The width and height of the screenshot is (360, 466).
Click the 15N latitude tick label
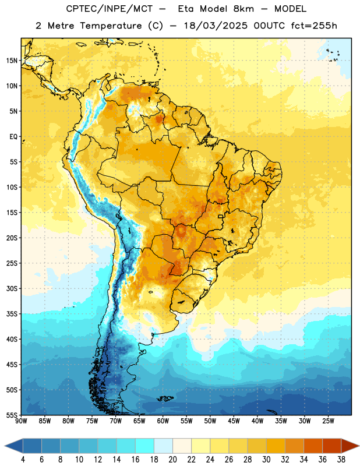[12, 61]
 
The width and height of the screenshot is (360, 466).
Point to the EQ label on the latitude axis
[13, 137]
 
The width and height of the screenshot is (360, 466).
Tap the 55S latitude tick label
[12, 415]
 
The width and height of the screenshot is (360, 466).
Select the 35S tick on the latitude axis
[12, 314]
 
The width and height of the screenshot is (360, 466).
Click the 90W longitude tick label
[21, 421]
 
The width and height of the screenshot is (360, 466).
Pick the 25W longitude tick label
[328, 421]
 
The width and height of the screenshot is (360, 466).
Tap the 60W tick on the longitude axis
[163, 421]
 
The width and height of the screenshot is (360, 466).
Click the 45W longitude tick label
[234, 421]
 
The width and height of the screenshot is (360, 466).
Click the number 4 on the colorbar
[23, 460]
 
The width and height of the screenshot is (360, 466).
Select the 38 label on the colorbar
[341, 460]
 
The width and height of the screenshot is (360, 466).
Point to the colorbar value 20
[172, 460]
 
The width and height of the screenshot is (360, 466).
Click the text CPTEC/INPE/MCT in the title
[110, 9]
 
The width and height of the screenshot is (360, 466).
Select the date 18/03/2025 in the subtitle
[216, 26]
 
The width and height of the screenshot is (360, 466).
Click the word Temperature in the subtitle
[111, 26]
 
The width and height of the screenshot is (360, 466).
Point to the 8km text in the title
[243, 9]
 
